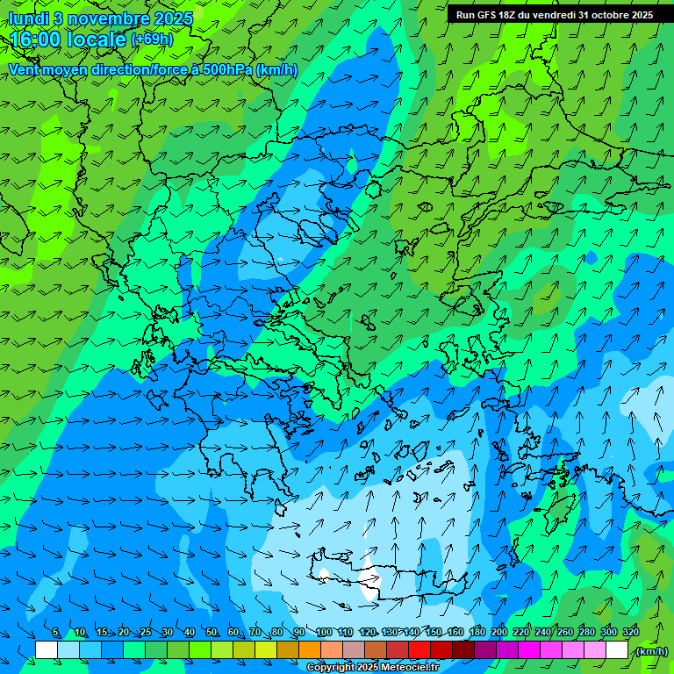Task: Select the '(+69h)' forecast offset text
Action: point(153,39)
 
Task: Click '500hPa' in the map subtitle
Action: point(225,69)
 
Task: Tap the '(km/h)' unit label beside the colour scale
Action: point(650,651)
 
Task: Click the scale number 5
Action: point(55,632)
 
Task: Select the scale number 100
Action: point(324,632)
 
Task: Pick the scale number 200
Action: point(499,632)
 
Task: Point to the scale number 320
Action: point(631,632)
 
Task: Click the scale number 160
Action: point(455,632)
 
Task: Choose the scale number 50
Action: point(212,632)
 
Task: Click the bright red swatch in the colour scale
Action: point(419,650)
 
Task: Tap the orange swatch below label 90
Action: point(310,650)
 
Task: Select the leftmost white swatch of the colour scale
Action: point(47,650)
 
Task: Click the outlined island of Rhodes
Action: point(556,514)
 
